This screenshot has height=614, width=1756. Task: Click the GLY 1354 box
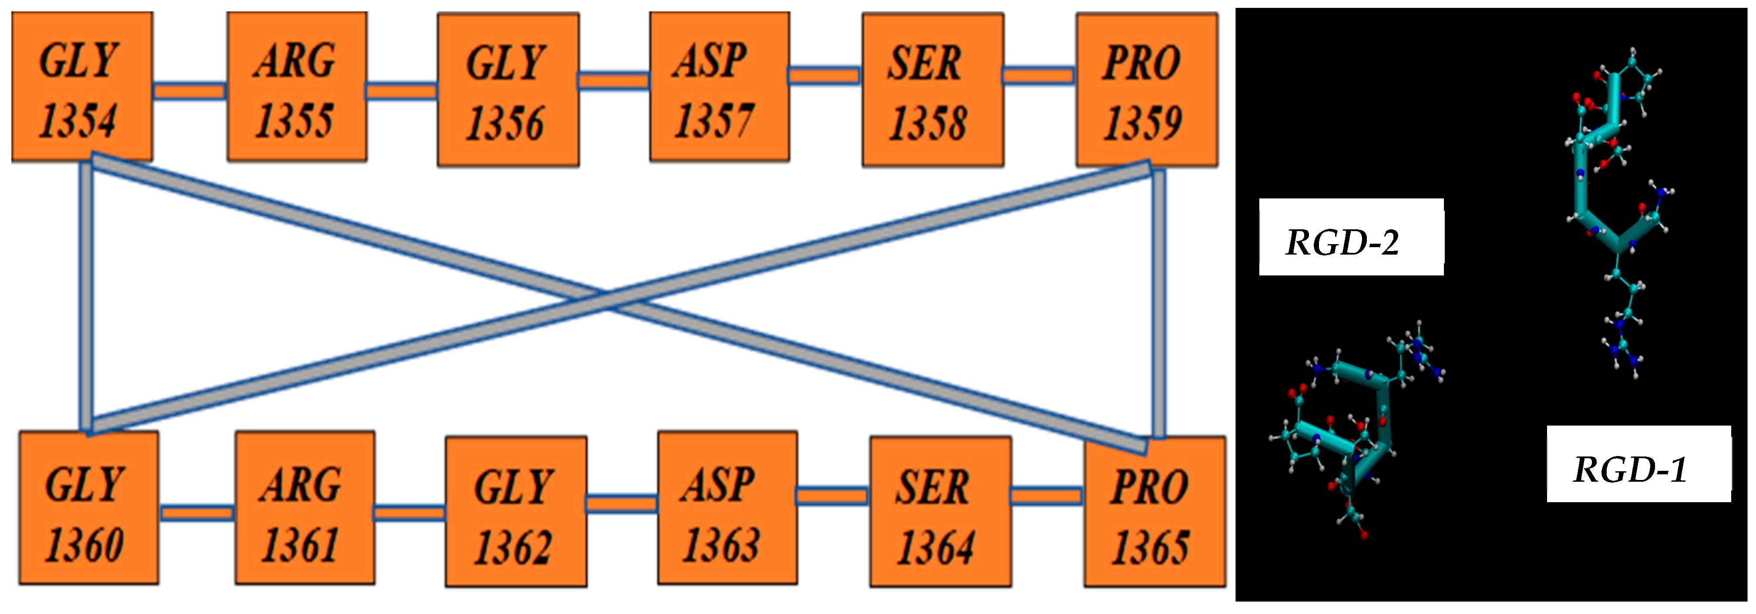tap(82, 87)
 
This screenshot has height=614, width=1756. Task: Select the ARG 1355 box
tap(296, 87)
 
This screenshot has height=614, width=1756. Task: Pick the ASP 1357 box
tap(719, 87)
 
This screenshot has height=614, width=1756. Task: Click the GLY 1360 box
tap(89, 508)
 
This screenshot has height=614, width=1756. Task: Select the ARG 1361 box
tap(305, 508)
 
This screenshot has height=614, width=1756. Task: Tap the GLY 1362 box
tap(516, 511)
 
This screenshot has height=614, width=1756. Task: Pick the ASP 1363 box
tap(727, 508)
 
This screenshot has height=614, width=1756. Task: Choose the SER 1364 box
tap(940, 511)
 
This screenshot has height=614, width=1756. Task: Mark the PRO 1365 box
tap(1154, 511)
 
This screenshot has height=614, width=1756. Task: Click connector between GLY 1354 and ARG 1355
tap(189, 91)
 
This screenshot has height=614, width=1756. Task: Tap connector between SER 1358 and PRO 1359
tap(1039, 75)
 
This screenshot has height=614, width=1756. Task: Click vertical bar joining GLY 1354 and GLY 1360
tap(86, 296)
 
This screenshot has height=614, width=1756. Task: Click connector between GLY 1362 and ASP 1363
tap(621, 503)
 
